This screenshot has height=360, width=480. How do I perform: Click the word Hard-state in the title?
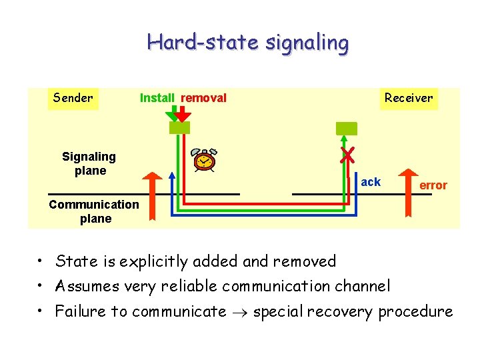[203, 43]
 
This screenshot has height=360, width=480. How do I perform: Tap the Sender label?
[73, 98]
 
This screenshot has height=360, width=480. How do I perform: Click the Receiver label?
[408, 98]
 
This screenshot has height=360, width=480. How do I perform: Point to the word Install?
[157, 98]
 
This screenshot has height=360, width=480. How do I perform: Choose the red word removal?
[204, 98]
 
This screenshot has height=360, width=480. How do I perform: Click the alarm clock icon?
[205, 161]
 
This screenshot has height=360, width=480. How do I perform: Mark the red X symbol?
[347, 155]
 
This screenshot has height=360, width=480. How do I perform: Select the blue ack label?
[371, 182]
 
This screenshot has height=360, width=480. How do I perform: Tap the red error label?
[433, 185]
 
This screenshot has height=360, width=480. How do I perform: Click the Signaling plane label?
[89, 163]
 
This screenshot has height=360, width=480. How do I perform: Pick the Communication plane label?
[94, 211]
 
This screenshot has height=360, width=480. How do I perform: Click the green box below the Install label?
[179, 128]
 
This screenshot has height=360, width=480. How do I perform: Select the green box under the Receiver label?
[346, 128]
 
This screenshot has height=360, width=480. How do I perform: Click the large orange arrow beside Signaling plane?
[154, 195]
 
